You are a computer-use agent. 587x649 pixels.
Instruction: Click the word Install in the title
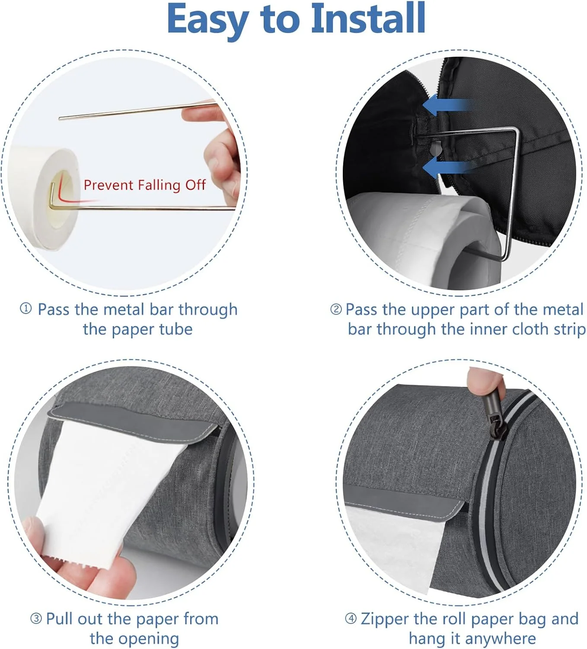tap(368, 18)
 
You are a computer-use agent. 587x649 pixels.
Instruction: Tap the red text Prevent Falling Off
tap(144, 185)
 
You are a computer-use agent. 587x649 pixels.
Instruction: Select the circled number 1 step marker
tap(26, 308)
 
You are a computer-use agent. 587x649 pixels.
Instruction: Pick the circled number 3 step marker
tap(36, 619)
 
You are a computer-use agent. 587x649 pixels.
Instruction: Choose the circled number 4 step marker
tap(351, 619)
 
